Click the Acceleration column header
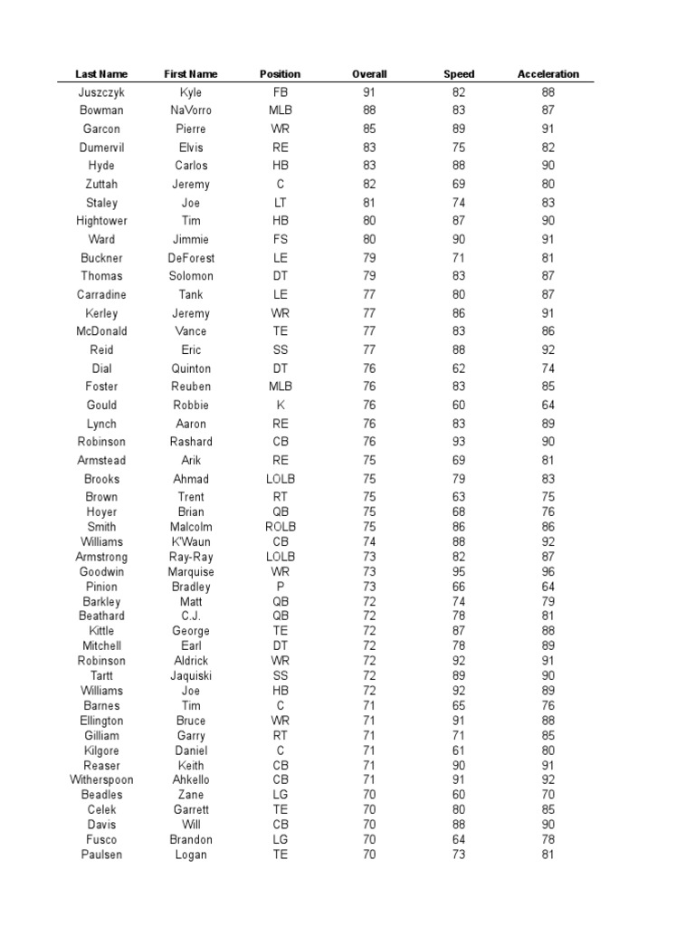click(x=547, y=74)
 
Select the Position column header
click(x=280, y=74)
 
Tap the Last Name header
click(x=101, y=74)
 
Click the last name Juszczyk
click(x=101, y=92)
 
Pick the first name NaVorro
click(x=190, y=110)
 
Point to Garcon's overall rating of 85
click(x=369, y=129)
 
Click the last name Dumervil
click(x=101, y=148)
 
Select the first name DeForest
click(x=191, y=258)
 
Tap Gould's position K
click(x=281, y=405)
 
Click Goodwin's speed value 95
click(x=459, y=572)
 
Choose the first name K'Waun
click(x=191, y=542)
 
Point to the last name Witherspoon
click(x=101, y=780)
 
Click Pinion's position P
click(x=281, y=587)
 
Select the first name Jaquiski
click(x=191, y=675)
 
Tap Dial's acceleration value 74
click(x=547, y=368)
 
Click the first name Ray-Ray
click(x=191, y=557)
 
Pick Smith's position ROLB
click(x=281, y=527)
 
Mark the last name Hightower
click(x=101, y=221)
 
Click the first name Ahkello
click(x=191, y=780)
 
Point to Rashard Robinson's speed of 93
click(x=459, y=442)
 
